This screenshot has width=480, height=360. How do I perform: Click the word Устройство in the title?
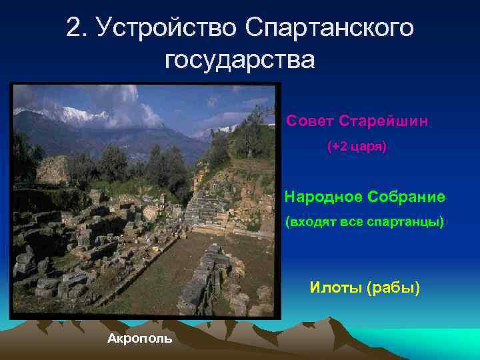coord(165,27)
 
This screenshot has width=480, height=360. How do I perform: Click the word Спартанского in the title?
coord(329,27)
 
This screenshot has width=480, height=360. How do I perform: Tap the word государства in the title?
coord(239,60)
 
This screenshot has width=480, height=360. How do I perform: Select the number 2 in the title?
coord(74,27)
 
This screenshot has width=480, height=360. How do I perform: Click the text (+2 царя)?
coord(357,145)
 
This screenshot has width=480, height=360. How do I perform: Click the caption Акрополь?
coord(139,338)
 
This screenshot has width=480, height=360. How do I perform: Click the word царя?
coord(369,145)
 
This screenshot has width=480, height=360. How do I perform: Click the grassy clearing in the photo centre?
coord(160,267)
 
